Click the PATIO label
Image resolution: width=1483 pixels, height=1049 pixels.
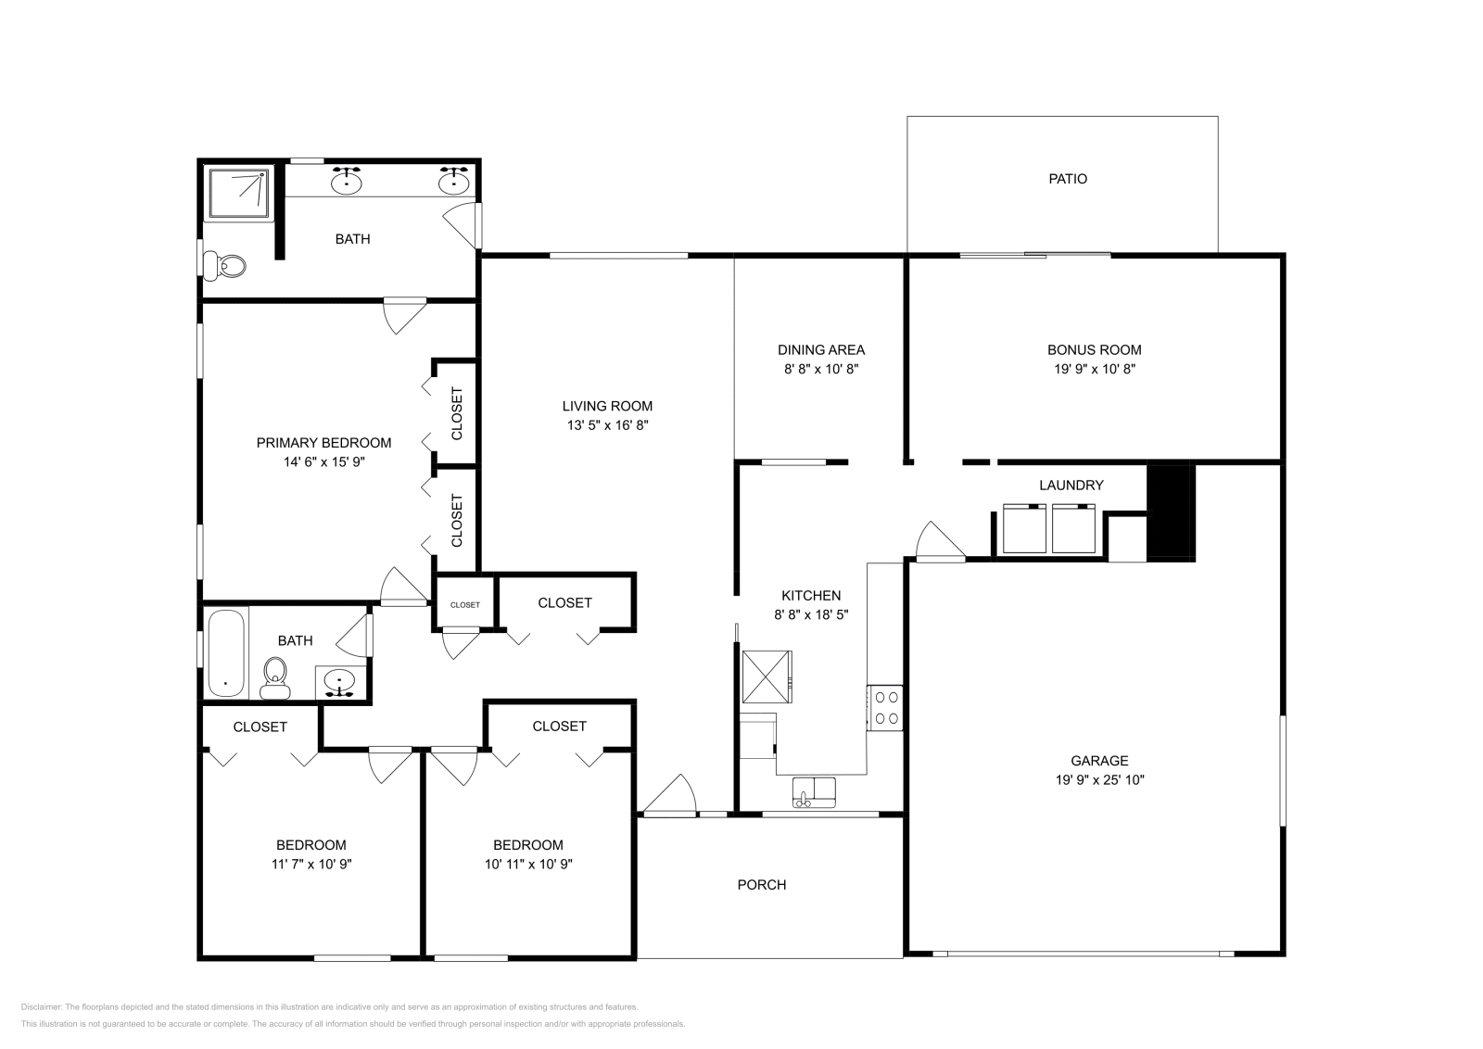(x=1068, y=179)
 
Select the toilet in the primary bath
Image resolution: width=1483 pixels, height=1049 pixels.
(x=226, y=266)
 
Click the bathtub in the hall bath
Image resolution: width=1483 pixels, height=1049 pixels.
(x=225, y=652)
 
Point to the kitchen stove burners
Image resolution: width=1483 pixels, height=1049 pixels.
(x=885, y=706)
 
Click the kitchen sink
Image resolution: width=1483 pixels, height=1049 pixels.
(x=814, y=791)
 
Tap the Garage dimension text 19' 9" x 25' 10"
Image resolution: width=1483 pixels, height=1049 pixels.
(x=1099, y=780)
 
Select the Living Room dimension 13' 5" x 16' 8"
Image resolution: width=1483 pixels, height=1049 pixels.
(x=607, y=425)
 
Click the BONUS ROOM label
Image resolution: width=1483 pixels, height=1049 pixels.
(x=1094, y=349)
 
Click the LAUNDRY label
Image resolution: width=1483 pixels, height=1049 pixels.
(x=1071, y=485)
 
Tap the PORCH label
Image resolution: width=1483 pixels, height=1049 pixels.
(x=761, y=885)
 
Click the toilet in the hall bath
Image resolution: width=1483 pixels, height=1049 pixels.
(x=275, y=676)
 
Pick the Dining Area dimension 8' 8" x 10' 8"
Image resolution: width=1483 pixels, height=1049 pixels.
(x=820, y=369)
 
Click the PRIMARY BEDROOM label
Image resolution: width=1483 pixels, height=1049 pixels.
(x=323, y=443)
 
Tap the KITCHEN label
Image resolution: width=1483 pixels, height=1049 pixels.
(x=811, y=596)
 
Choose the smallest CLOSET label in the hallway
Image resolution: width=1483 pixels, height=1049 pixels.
(x=465, y=605)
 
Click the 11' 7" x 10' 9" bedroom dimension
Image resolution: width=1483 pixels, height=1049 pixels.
(x=311, y=864)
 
